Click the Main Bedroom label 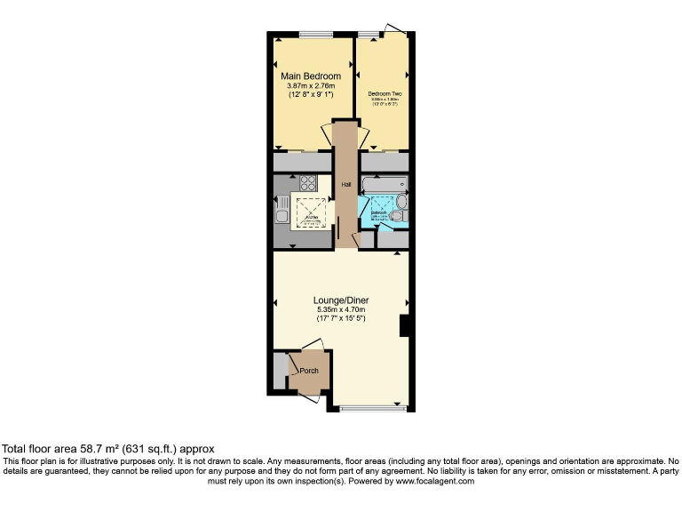[x=311, y=76]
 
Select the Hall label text [x=346, y=185]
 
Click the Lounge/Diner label [x=341, y=300]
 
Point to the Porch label [x=309, y=371]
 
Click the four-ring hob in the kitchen [x=307, y=185]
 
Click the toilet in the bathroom [x=397, y=214]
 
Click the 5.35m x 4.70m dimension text [x=341, y=309]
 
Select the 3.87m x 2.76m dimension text [x=311, y=85]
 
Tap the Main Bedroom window [x=311, y=36]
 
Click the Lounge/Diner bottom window [x=366, y=409]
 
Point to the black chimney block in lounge [x=404, y=325]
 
